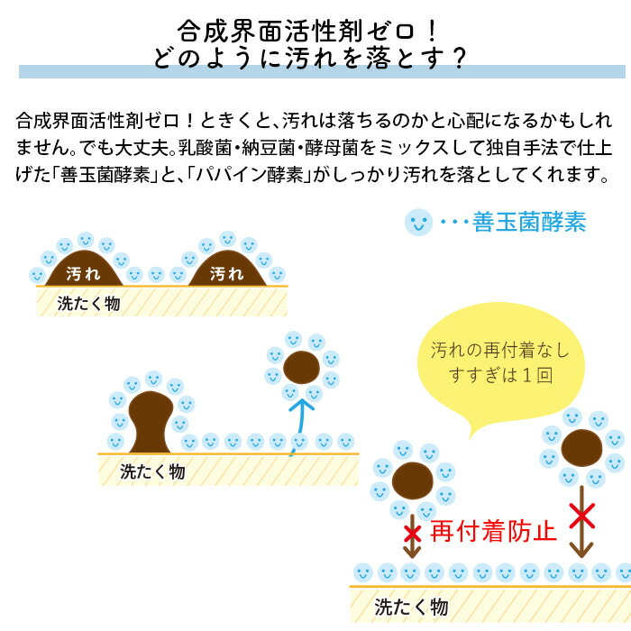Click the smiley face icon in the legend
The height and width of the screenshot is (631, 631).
(418, 222)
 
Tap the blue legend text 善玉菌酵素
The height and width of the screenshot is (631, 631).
(529, 222)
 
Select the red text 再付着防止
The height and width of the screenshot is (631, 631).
(493, 531)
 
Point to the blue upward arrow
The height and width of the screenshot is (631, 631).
(300, 426)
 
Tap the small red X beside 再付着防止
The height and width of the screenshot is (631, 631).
(412, 534)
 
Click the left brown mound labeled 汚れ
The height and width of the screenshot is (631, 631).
(84, 269)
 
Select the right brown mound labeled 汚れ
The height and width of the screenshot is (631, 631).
(227, 269)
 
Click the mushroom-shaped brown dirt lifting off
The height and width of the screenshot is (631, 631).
(151, 422)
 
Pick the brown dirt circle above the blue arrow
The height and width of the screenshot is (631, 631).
(301, 367)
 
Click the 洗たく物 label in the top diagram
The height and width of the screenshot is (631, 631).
(88, 304)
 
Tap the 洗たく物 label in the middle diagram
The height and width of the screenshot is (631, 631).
(152, 471)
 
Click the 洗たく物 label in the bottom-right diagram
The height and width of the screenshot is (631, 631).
(411, 607)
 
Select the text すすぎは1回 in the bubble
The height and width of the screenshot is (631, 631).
(500, 376)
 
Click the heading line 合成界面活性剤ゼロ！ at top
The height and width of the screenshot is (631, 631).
(308, 31)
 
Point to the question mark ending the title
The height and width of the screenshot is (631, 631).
(458, 59)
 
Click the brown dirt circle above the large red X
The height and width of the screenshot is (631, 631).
(581, 448)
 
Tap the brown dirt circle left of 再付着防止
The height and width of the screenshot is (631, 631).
(413, 480)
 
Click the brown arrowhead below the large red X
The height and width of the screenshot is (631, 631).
(581, 549)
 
